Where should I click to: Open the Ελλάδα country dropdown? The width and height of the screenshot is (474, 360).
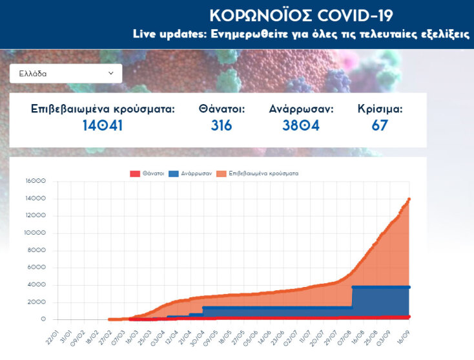(x=65, y=74)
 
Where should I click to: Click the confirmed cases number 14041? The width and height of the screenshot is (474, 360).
(x=103, y=125)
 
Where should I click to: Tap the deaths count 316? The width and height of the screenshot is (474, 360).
(x=222, y=125)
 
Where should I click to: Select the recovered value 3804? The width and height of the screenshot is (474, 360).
(x=301, y=125)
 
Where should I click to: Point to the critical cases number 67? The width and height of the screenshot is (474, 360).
(x=380, y=125)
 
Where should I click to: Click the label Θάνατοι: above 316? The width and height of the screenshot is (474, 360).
(x=222, y=109)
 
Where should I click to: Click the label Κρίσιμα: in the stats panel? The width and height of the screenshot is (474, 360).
(x=380, y=109)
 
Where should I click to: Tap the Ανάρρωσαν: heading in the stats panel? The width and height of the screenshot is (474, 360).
(x=301, y=109)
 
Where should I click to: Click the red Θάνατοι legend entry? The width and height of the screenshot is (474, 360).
(x=147, y=174)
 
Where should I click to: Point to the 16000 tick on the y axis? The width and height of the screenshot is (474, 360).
(x=35, y=181)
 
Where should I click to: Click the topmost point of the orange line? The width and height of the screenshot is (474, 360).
(x=409, y=199)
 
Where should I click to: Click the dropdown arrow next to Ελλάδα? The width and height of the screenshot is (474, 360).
(x=111, y=74)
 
